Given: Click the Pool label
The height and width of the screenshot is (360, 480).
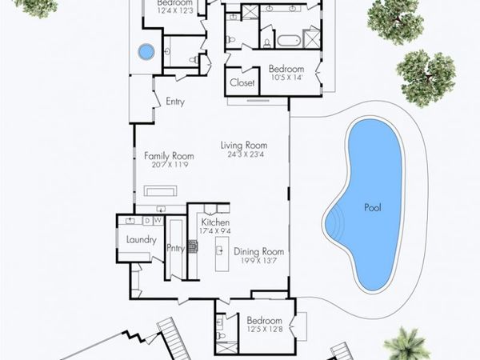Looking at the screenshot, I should tap(373, 207).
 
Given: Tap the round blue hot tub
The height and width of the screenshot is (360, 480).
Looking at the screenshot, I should tap(146, 52).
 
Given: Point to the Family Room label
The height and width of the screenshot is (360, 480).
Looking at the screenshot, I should tap(169, 155).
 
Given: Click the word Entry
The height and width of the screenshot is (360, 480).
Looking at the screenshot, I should tap(175, 102).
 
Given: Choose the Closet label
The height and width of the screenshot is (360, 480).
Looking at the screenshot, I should tap(242, 82).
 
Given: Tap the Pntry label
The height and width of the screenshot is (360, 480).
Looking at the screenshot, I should tap(175, 249).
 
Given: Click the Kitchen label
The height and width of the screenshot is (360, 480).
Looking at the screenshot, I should tap(215, 222).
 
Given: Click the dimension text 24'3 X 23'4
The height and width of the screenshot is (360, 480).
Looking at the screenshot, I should tap(243, 154).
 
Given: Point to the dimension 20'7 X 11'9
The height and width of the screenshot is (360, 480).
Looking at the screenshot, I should tap(170, 165).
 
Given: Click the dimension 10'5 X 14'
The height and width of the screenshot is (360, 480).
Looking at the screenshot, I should tap(286, 78).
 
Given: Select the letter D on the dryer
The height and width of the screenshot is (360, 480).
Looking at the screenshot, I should tap(148, 220).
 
